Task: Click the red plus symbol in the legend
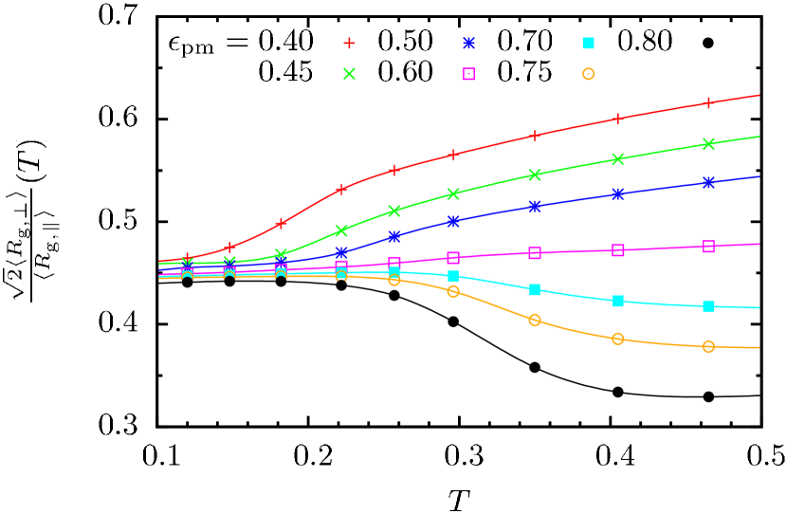tap(349, 44)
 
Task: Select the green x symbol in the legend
tap(349, 74)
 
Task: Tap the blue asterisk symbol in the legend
tap(468, 44)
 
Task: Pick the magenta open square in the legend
tap(468, 74)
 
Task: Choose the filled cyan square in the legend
tap(588, 44)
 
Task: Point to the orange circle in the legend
tap(588, 74)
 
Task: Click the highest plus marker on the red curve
tap(708, 103)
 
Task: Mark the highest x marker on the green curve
tap(708, 144)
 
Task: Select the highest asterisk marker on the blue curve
tap(708, 182)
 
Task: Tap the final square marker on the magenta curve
tap(708, 247)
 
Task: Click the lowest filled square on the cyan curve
tap(708, 306)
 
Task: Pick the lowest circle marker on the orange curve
tap(708, 347)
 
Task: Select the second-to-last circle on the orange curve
tap(618, 339)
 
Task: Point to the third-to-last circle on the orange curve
tap(535, 320)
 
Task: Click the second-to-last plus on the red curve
tap(618, 119)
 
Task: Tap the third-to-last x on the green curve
tap(535, 174)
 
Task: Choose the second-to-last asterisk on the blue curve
tap(618, 193)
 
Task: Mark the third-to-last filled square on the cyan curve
tap(535, 289)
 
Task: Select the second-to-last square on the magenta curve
tap(618, 250)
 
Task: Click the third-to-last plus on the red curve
tap(535, 136)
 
